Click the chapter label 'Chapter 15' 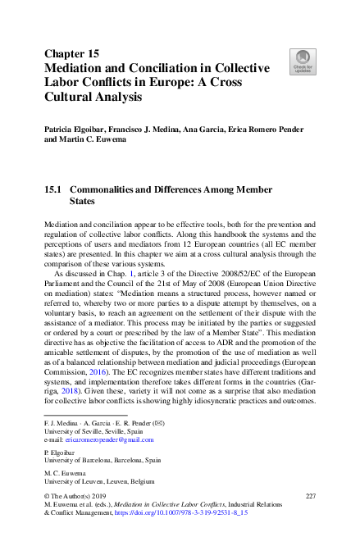tap(71, 54)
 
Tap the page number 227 tap(310, 496)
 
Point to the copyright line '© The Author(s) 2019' tap(80, 497)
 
